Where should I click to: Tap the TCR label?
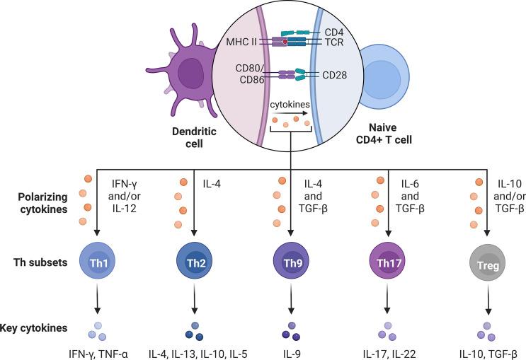345,42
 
